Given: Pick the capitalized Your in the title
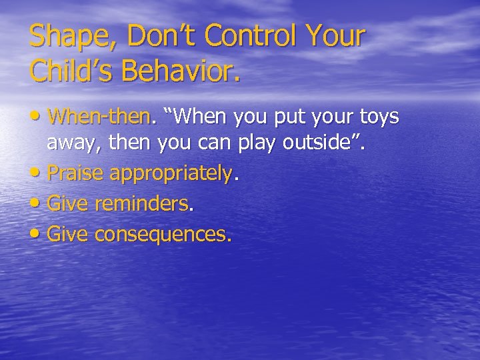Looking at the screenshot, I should click(339, 36).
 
